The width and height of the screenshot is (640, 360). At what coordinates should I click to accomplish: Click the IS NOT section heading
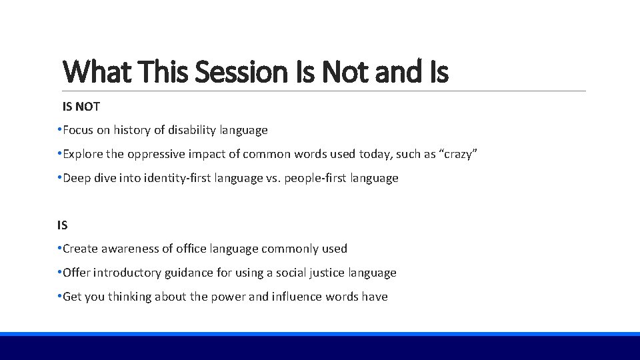[81, 107]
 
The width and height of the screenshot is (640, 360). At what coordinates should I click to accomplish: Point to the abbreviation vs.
[274, 179]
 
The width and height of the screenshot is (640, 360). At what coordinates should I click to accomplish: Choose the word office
[192, 249]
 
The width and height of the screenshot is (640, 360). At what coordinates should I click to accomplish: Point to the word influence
[297, 297]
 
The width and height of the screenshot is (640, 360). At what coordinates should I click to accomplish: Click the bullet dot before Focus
[59, 130]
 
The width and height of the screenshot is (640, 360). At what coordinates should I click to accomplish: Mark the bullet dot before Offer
[59, 272]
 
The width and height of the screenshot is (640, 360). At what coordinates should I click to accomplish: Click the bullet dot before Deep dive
[59, 178]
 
